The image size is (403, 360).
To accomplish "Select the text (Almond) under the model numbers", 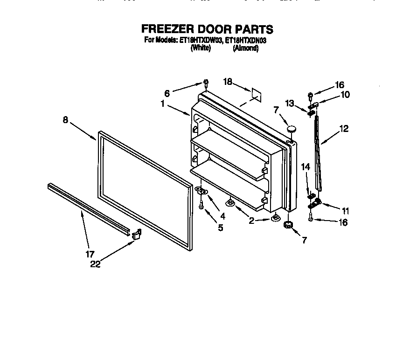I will click(x=245, y=48).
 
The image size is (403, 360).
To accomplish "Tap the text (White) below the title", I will click(x=201, y=48).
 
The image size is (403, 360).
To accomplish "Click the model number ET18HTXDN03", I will click(x=245, y=41).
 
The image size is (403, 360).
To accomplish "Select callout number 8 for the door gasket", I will click(x=66, y=119).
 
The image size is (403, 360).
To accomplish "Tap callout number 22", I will click(x=96, y=264).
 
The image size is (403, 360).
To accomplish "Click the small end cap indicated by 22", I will click(x=136, y=235).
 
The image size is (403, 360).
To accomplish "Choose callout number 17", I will click(x=90, y=254).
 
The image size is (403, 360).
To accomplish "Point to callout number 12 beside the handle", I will click(x=344, y=129).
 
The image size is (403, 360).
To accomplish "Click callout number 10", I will click(x=346, y=94).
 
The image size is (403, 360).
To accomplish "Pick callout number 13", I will click(x=290, y=104).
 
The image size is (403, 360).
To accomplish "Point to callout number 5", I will click(x=220, y=228).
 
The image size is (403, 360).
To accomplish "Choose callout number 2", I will click(x=252, y=221).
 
